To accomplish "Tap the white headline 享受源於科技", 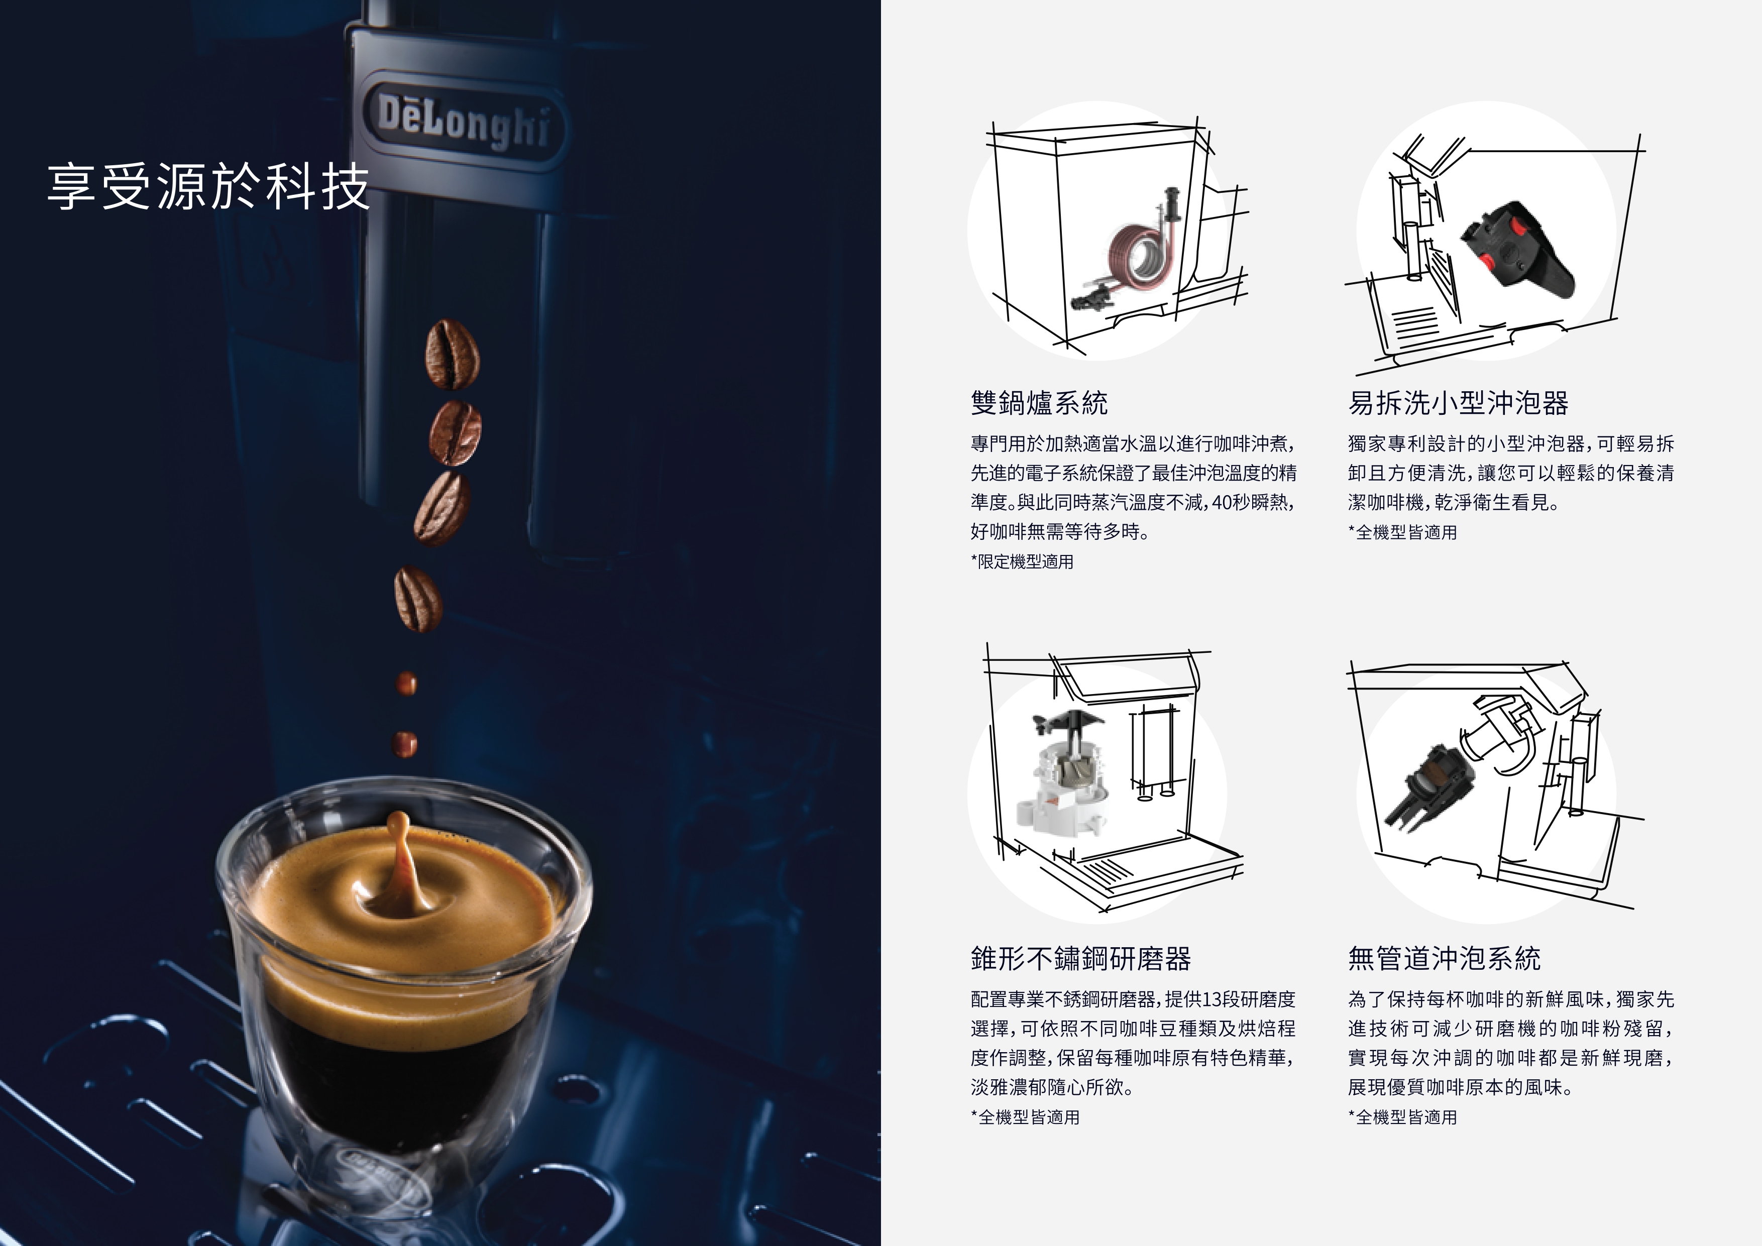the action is click(x=208, y=186).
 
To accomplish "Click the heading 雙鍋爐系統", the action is click(x=1039, y=402).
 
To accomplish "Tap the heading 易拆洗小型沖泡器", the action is click(x=1458, y=402).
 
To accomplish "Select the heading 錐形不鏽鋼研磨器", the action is click(x=1080, y=958).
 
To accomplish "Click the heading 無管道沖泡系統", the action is click(x=1444, y=958).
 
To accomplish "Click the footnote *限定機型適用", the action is click(x=1022, y=561).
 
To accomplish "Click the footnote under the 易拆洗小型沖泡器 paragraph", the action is click(x=1402, y=532).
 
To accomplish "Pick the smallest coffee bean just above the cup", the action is click(x=405, y=743).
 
